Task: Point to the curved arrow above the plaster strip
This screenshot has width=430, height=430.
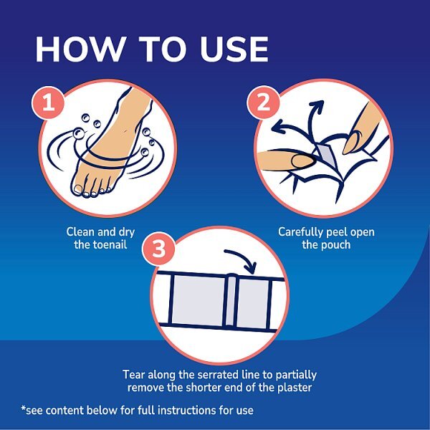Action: pyautogui.click(x=240, y=259)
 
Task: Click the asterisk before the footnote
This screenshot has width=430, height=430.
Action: pyautogui.click(x=24, y=409)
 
